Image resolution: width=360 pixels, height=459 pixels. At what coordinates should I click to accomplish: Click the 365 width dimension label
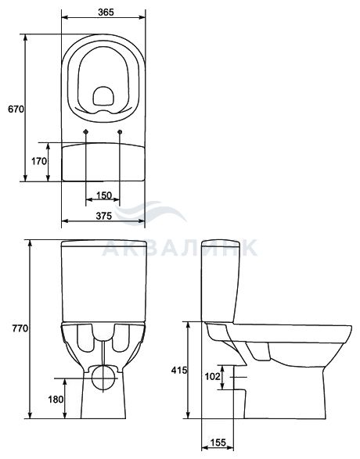[106, 13]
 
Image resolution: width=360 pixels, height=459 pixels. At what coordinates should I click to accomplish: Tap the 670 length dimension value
[16, 109]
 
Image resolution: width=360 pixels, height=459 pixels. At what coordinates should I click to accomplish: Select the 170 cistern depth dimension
[39, 161]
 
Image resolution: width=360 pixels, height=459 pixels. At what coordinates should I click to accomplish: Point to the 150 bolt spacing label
[104, 195]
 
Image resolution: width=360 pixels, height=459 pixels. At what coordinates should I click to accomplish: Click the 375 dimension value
[104, 216]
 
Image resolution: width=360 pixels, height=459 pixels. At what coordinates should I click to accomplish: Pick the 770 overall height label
[20, 328]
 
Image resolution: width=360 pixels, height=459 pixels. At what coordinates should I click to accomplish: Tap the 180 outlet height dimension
[56, 399]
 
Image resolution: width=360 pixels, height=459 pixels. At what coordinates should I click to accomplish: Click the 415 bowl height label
[179, 370]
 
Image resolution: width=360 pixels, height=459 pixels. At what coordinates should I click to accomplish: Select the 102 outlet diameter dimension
[212, 376]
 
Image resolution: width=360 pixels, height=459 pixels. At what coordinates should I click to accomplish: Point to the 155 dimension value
[218, 443]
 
